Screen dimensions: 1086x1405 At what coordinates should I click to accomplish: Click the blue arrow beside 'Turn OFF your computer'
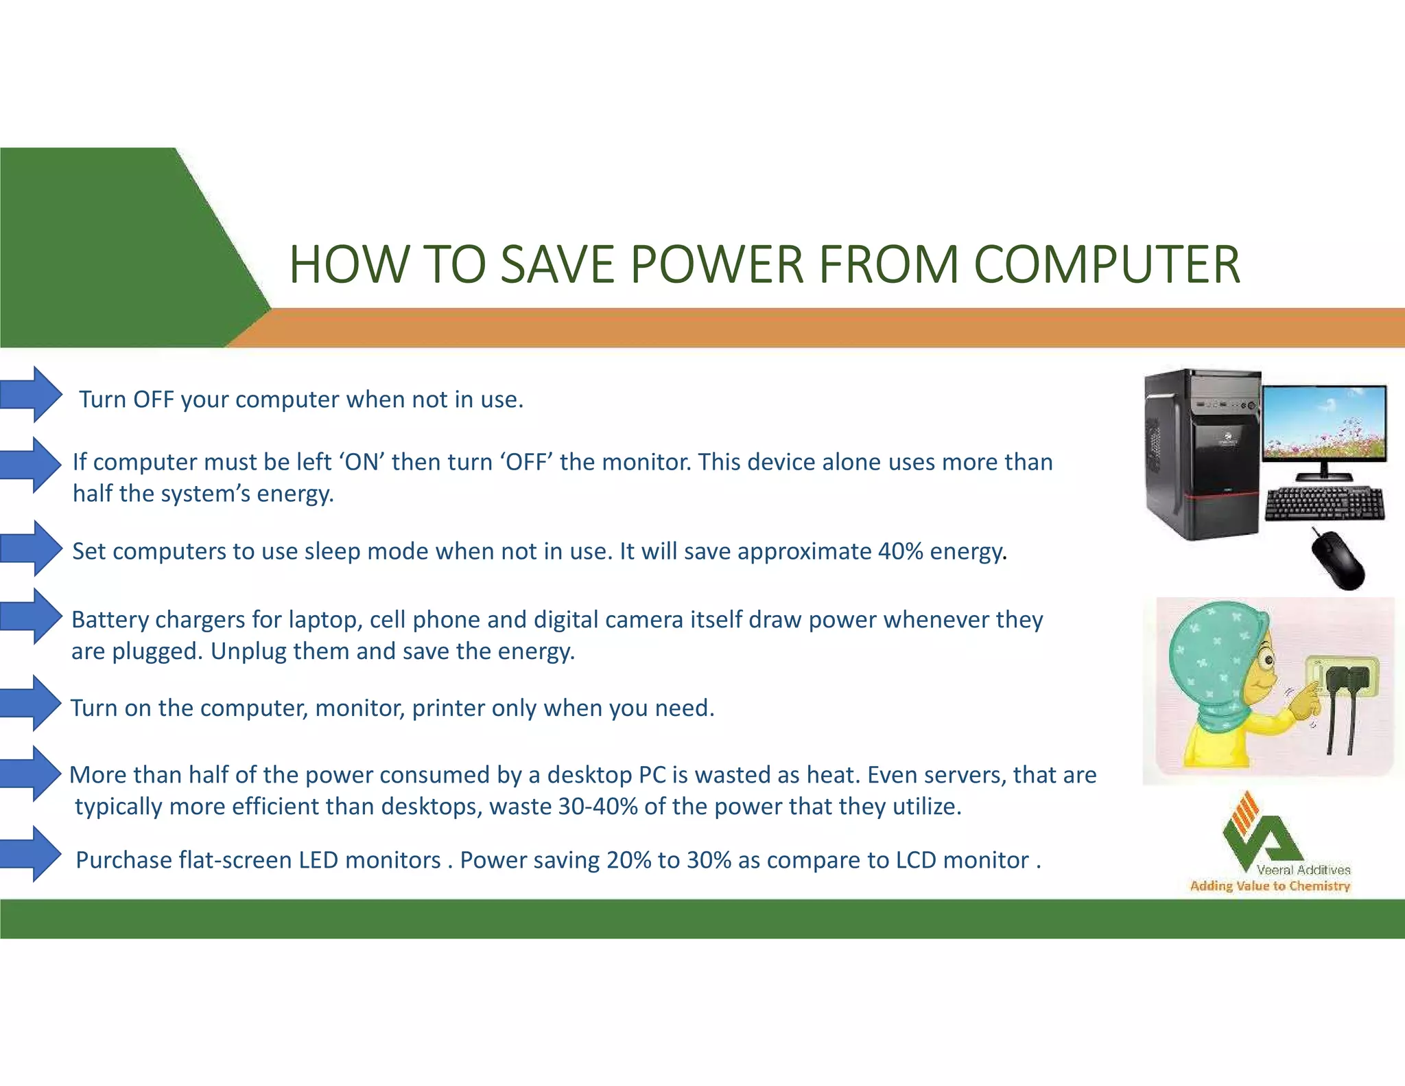(x=32, y=395)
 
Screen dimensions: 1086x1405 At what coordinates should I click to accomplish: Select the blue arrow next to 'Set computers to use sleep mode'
(x=32, y=548)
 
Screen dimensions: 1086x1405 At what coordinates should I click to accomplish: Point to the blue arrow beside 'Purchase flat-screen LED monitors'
(x=32, y=854)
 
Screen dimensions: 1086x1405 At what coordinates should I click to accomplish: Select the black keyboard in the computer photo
(x=1324, y=505)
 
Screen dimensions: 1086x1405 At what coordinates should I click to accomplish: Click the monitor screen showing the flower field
(x=1324, y=424)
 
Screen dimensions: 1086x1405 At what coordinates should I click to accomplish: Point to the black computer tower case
(x=1202, y=453)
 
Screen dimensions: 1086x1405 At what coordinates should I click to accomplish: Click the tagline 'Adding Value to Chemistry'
(x=1270, y=886)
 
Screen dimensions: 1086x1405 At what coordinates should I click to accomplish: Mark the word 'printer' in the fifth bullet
(x=448, y=708)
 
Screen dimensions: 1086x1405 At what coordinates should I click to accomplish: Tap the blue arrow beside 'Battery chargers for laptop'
(x=32, y=616)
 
